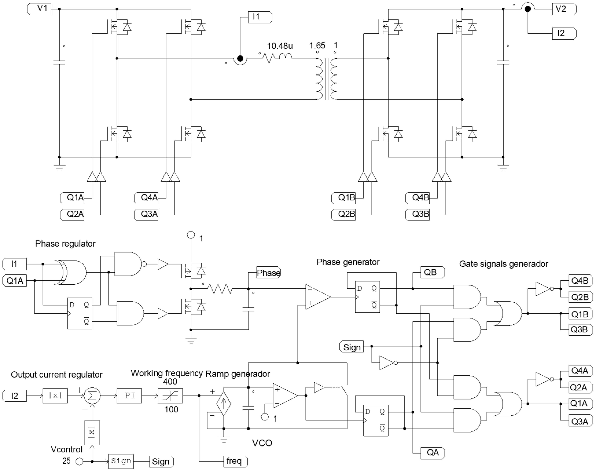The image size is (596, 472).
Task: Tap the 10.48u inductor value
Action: [x=280, y=46]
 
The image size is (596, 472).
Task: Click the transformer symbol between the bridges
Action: [x=327, y=79]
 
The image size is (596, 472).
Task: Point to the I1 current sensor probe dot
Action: [x=240, y=59]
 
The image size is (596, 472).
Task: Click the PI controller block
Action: [x=129, y=396]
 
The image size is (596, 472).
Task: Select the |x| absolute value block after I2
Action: [x=55, y=396]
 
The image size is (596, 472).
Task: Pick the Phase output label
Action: [x=268, y=273]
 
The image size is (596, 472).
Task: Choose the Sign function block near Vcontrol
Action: [x=121, y=461]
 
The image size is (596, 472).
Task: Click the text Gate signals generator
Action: [x=503, y=264]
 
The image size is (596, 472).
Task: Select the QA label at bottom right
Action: [x=432, y=452]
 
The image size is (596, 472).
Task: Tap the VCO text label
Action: [x=262, y=443]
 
